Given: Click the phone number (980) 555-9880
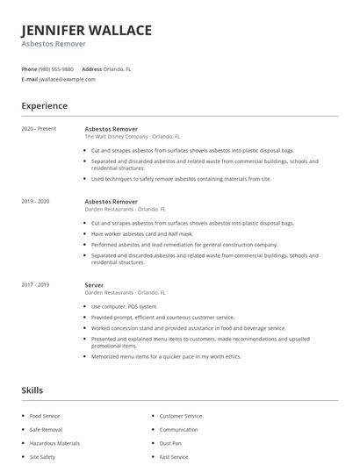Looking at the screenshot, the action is pos(57,68).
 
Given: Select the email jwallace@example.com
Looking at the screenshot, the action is pos(68,79).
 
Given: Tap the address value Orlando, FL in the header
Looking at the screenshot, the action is pos(119,68).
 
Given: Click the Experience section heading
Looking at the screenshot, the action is pos(45,106).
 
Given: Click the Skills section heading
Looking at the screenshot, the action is pos(32,390).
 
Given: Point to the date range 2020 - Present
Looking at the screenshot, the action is pos(39,129).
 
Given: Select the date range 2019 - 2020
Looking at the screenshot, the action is pos(35,201).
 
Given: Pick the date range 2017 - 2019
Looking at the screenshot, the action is pos(35,284).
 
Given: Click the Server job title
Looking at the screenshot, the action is pos(94,284).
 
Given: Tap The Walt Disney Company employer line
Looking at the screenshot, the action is pos(132,137).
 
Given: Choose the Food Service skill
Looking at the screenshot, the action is pos(47,416).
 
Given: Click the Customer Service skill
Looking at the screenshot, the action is pos(181,416).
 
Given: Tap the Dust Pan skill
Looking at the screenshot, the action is pos(171,443).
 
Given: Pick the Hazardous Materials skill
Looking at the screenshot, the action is pos(54,443).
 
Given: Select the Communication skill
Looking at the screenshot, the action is pos(178,430).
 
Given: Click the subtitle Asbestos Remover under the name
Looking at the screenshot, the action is pos(54,43).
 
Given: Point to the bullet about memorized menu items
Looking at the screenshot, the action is pos(166,356).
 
